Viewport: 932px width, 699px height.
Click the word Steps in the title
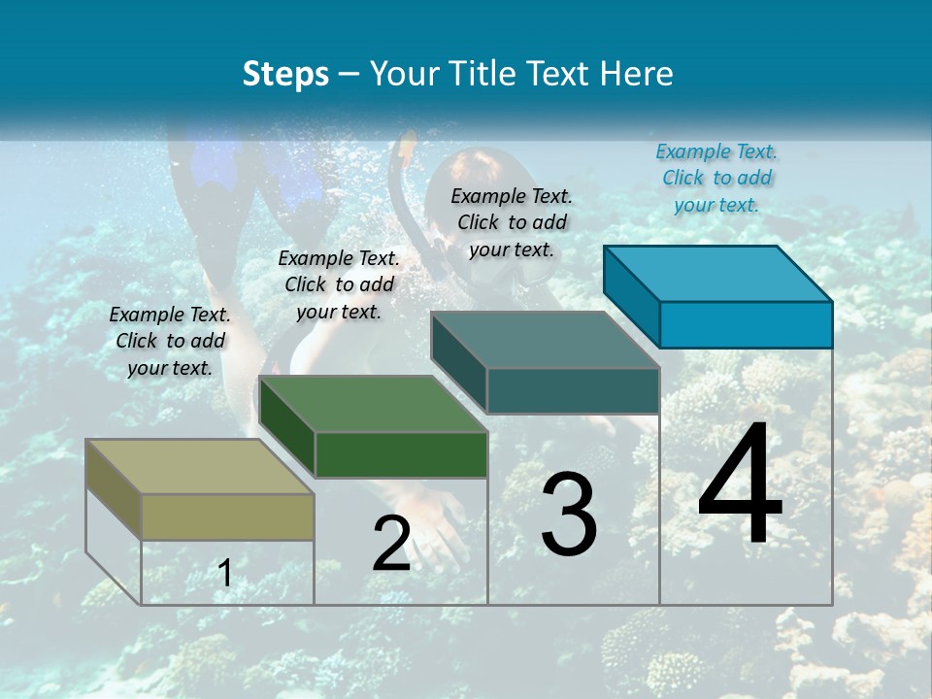coord(285,74)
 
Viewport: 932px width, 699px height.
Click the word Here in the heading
coord(637,74)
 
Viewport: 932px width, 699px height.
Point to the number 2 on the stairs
coord(391,544)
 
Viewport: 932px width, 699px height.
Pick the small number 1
coord(225,574)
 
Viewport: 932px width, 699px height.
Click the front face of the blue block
coord(746,324)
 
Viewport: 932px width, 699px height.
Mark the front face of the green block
coord(401,454)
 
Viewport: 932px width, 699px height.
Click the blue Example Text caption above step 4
coord(716,178)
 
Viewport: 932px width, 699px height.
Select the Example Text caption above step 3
coord(512,222)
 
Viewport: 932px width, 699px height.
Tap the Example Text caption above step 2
coord(339,284)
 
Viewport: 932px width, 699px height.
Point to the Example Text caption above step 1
coord(170,341)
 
